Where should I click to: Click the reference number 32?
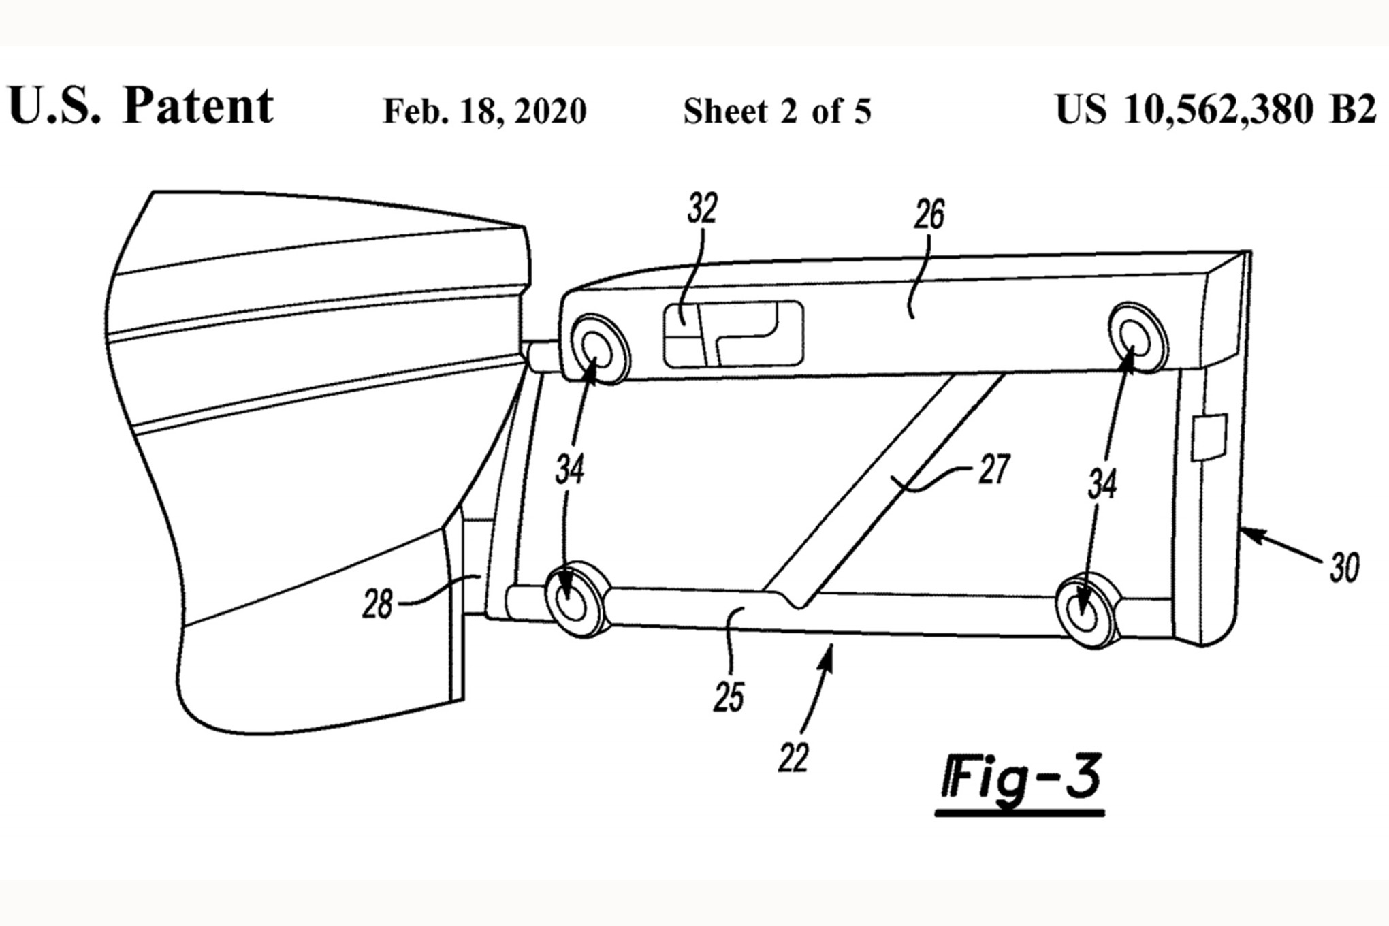point(702,210)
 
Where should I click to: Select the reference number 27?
point(993,470)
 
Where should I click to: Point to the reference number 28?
point(378,603)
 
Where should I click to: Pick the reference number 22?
point(793,757)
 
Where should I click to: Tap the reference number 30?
point(1344,567)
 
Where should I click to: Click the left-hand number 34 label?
point(570,469)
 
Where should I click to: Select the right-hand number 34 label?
point(1102,484)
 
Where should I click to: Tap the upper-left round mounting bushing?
point(600,348)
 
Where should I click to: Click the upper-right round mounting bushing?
point(1137,338)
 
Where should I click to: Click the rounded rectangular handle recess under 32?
point(733,334)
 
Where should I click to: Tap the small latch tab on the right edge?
point(1209,436)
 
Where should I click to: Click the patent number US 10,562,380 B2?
point(1215,109)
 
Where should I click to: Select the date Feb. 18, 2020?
point(485,111)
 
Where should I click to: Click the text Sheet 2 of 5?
point(777,111)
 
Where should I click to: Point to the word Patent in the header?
point(198,106)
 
